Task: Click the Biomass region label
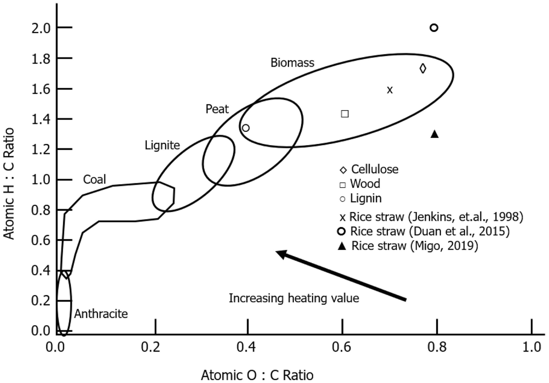tap(292, 63)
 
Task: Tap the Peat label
tap(217, 109)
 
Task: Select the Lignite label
tap(162, 145)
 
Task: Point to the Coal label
tap(95, 180)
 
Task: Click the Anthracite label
tap(101, 314)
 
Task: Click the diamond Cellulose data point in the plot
tap(423, 69)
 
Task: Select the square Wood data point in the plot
tap(345, 114)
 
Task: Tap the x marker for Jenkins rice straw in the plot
tap(390, 90)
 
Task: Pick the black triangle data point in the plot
tap(435, 134)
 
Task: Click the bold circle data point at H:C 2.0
tap(434, 28)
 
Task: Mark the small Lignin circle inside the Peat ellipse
tap(246, 128)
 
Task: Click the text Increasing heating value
tap(294, 298)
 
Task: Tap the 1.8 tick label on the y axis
tap(41, 59)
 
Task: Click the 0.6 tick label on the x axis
tap(341, 347)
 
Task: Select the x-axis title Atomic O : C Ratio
tap(257, 375)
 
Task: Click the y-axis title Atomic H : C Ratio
tap(9, 183)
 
